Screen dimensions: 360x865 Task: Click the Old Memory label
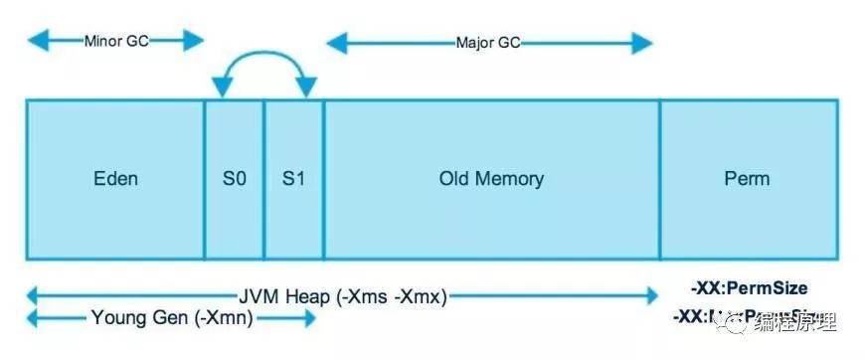(491, 180)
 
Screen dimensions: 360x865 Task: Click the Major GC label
(488, 44)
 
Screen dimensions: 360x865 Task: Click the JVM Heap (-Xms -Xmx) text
(343, 295)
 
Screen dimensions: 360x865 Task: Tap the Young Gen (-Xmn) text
(172, 318)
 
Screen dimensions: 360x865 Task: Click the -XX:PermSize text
(749, 289)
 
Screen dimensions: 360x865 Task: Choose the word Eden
(115, 180)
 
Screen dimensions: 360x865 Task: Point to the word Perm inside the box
(748, 180)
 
